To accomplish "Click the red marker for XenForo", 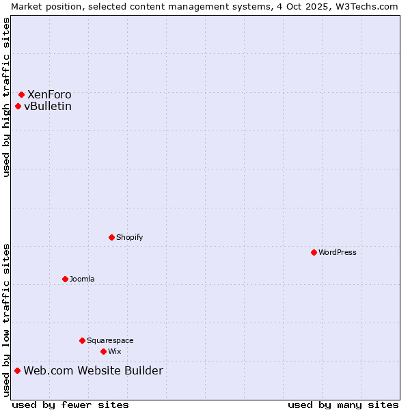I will [21, 94].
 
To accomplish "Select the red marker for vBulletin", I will [18, 106].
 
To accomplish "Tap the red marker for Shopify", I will [111, 237].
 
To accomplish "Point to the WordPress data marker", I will [314, 252].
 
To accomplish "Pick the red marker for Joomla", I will [65, 279].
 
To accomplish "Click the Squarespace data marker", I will [82, 340].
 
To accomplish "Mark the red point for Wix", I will [103, 351].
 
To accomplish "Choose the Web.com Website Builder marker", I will [17, 370].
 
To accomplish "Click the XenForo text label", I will [49, 94].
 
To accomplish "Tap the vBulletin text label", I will [48, 106].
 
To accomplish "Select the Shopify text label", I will [129, 237].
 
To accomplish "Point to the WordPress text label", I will [338, 252].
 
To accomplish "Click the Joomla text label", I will [82, 279].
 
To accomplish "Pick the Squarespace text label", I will [110, 340].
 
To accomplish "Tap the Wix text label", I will [114, 351].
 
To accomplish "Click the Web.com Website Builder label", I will [93, 370].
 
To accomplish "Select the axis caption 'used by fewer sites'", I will [70, 405].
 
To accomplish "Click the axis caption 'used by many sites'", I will [343, 405].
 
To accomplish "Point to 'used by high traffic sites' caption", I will [6, 97].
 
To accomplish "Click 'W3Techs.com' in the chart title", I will [368, 6].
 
